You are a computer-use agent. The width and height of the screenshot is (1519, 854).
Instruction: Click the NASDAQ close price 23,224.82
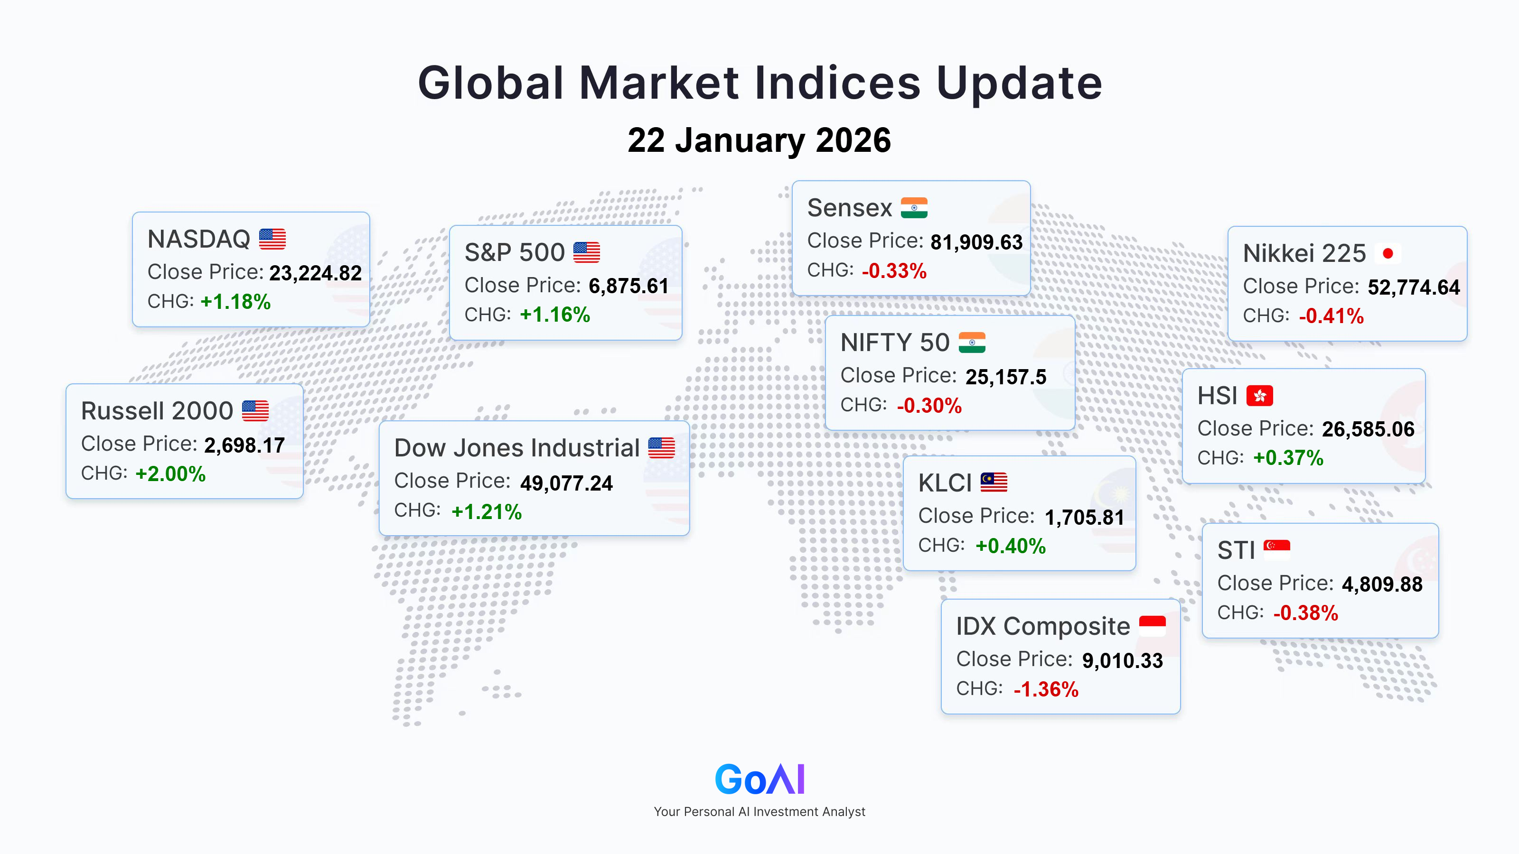click(x=316, y=273)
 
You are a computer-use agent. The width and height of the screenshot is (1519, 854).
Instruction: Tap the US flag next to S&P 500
click(x=587, y=252)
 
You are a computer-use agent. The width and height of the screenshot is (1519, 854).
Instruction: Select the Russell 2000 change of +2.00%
click(x=170, y=474)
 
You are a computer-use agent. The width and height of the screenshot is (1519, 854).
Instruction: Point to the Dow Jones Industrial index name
click(x=516, y=448)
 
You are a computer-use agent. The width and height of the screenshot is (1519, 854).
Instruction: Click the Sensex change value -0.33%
click(x=894, y=271)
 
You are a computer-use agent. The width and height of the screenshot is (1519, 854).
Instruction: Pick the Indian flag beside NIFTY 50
click(x=972, y=343)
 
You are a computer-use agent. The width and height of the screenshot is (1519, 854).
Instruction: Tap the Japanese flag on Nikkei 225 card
click(x=1388, y=253)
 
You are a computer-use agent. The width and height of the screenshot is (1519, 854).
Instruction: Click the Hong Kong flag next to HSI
click(x=1259, y=396)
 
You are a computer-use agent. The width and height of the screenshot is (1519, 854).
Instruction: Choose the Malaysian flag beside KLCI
click(x=994, y=482)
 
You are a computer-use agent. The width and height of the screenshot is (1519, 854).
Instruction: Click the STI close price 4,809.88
click(x=1382, y=585)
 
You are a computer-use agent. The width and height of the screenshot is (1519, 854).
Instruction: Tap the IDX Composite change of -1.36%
click(x=1046, y=689)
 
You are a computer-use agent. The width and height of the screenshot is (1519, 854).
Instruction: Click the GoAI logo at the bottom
click(x=759, y=779)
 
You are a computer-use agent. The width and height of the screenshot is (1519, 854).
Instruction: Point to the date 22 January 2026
click(x=759, y=140)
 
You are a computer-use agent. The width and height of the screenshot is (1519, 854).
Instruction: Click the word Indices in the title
click(x=838, y=83)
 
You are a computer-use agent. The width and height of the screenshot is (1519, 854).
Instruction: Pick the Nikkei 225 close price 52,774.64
click(x=1414, y=288)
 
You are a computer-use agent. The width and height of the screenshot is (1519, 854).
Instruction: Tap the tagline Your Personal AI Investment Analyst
click(x=759, y=812)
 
